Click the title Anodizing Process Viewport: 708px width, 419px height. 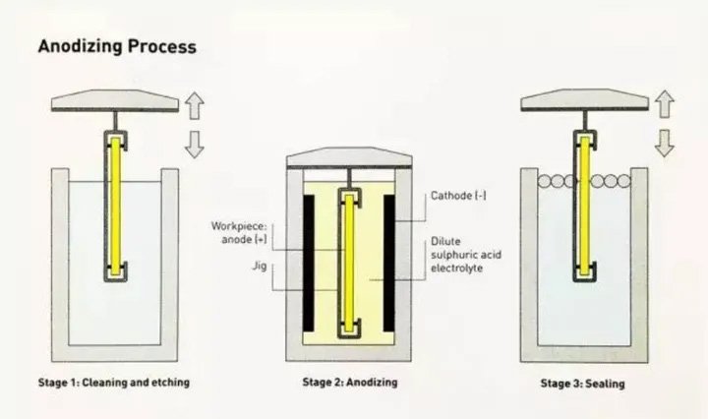pos(116,46)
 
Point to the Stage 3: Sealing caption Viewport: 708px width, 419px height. pos(584,382)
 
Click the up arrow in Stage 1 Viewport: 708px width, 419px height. pos(194,102)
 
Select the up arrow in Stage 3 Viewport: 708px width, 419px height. pos(665,102)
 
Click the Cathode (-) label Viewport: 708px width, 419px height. pos(458,196)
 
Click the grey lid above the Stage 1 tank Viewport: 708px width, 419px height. pos(113,99)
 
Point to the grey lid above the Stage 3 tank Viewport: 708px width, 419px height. pos(584,99)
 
